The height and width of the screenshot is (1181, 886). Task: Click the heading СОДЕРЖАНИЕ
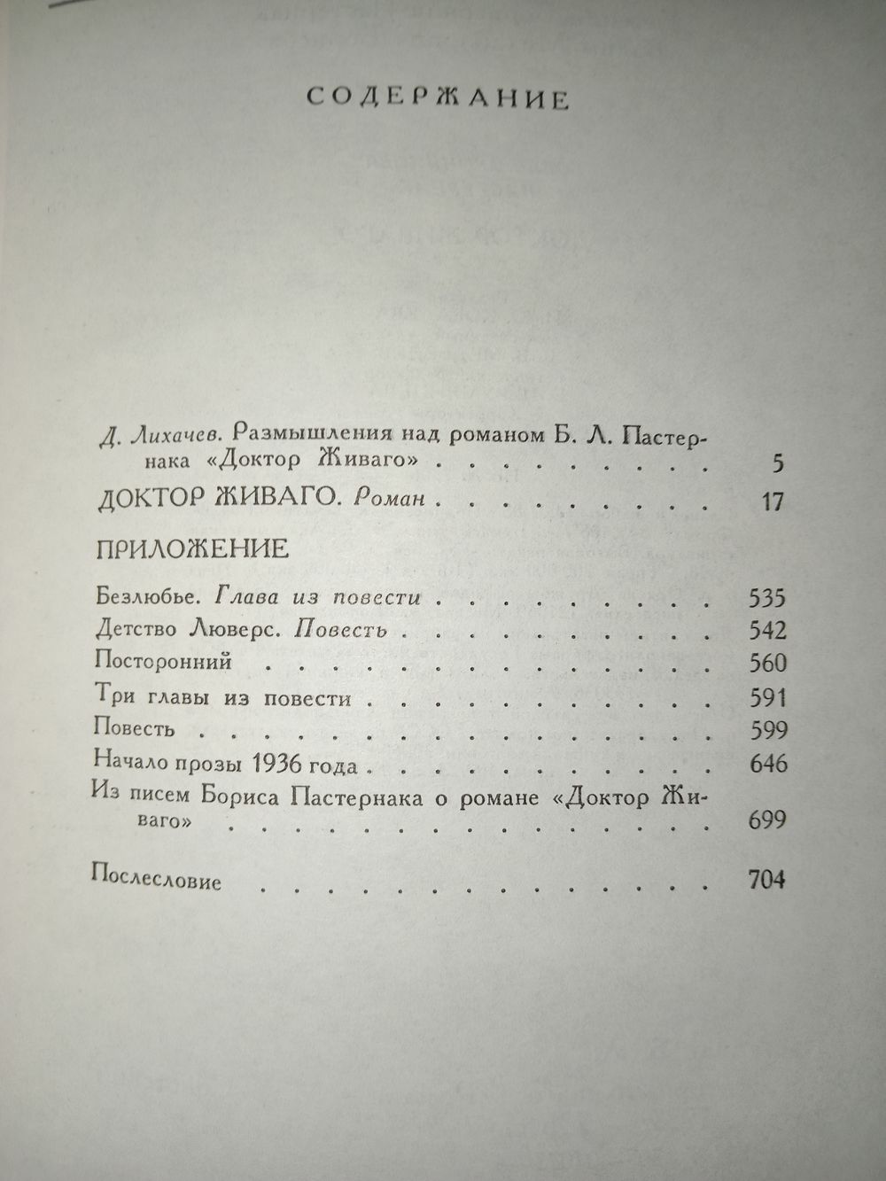coord(438,97)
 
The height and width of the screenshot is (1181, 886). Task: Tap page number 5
coord(779,463)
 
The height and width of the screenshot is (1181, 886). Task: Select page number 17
coord(773,501)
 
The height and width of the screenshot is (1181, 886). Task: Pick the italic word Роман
coord(383,500)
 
